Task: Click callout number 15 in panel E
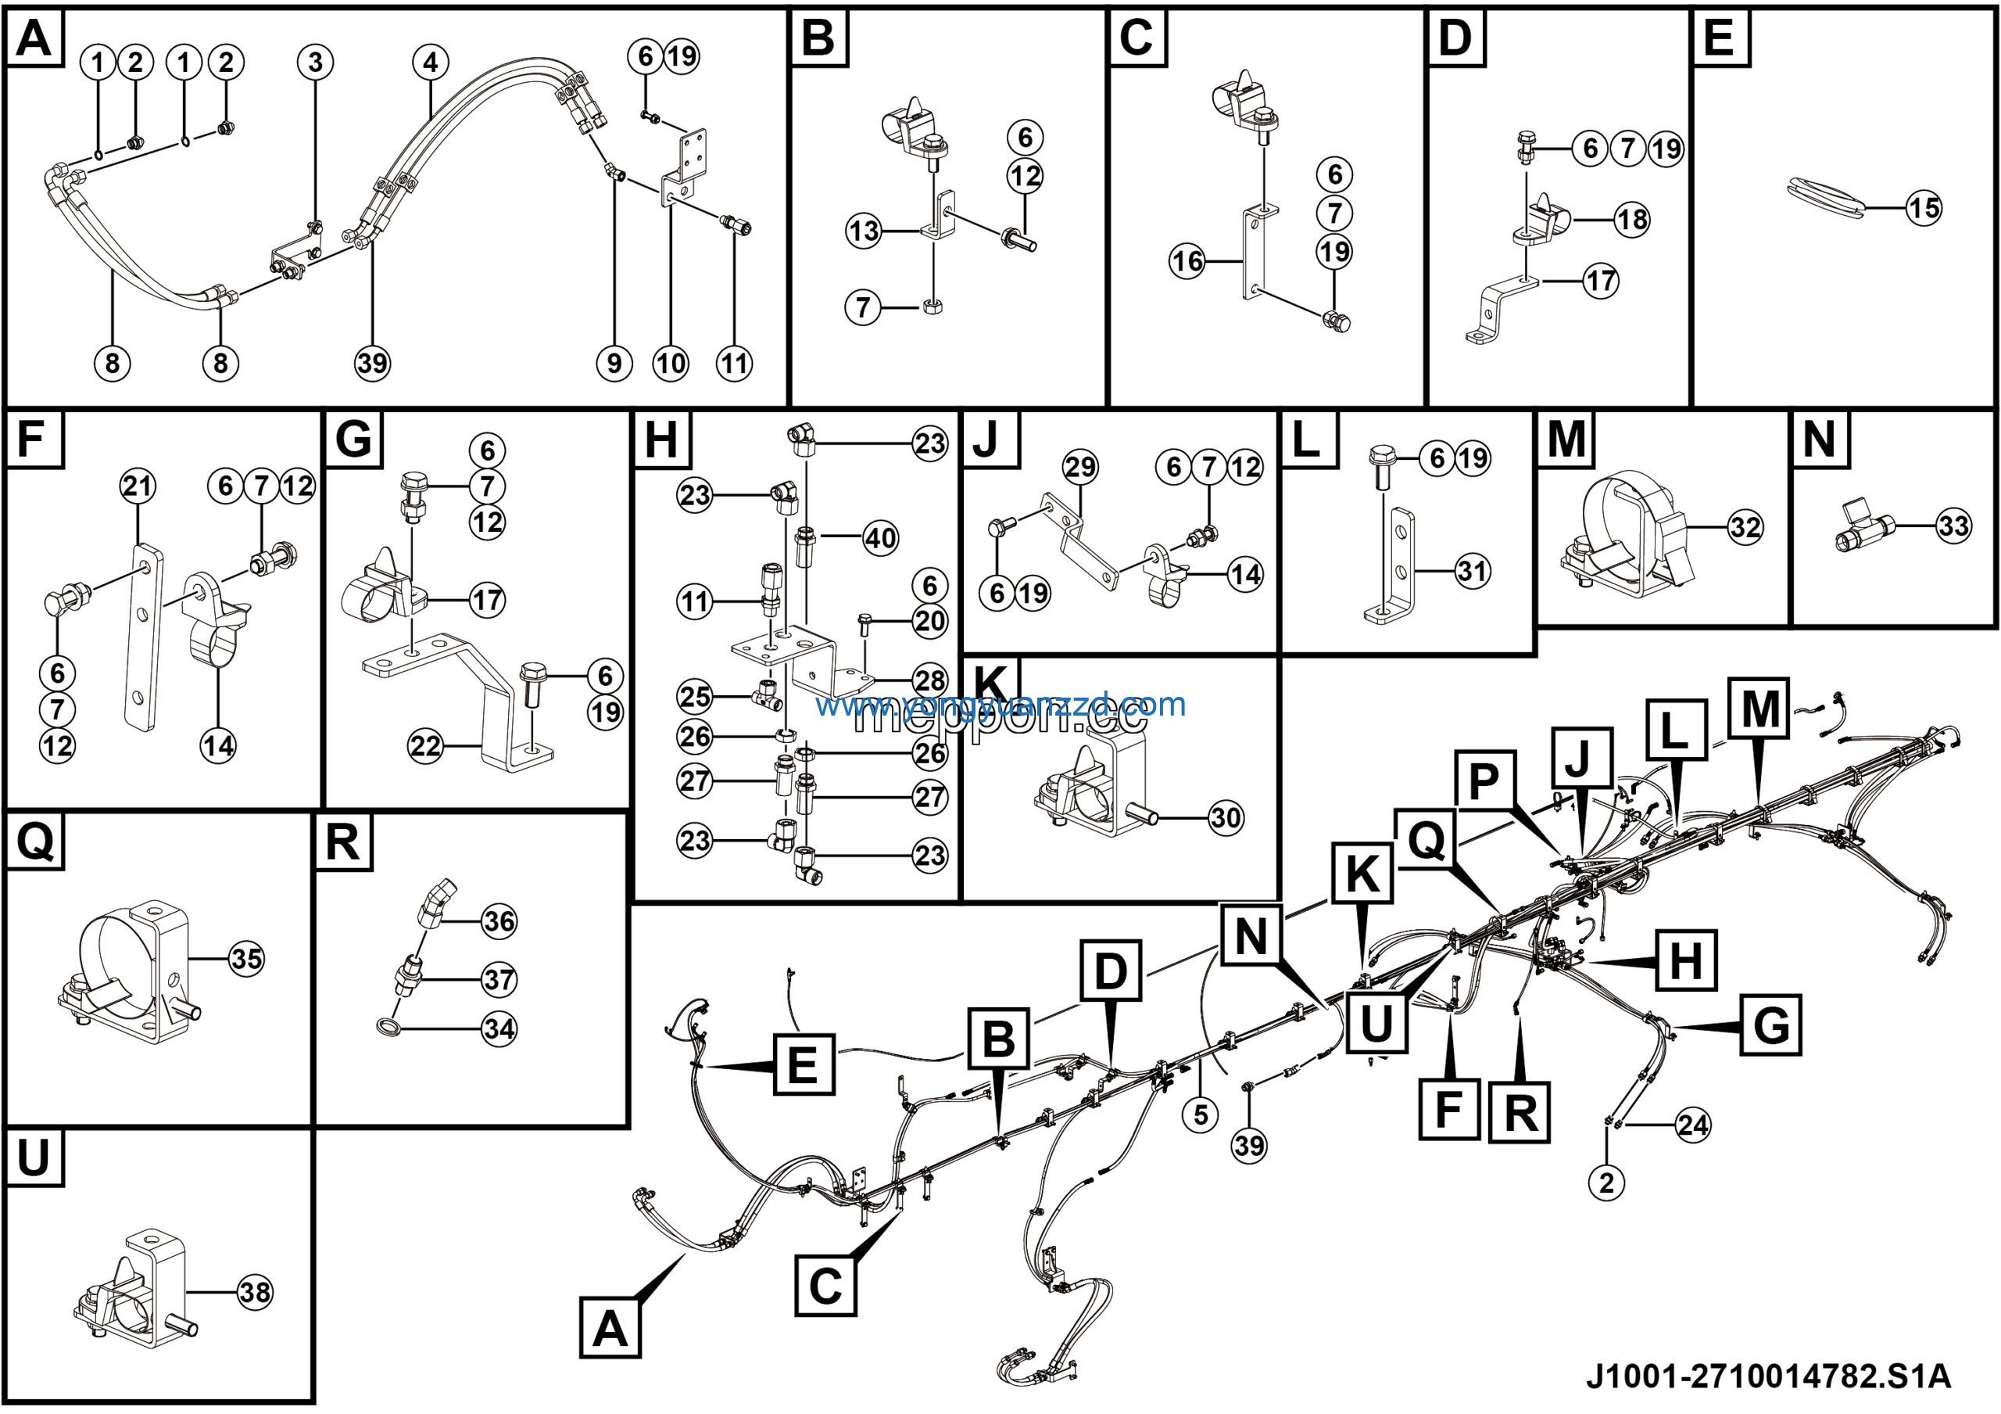point(1924,208)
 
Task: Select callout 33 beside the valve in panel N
point(1953,526)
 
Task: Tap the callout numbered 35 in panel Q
point(247,959)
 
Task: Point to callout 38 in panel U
point(256,1292)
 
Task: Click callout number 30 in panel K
point(1226,818)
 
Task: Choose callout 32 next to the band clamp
point(1745,527)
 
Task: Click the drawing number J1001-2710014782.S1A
point(1768,1376)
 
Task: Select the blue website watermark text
point(1000,705)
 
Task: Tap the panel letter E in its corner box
point(1719,38)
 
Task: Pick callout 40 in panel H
point(880,538)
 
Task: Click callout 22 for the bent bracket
point(425,746)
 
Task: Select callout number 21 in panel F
point(138,486)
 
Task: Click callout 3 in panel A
point(315,62)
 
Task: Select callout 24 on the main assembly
point(1692,1125)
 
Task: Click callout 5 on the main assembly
point(1200,1114)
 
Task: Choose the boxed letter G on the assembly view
point(1771,1025)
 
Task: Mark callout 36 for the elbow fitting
point(499,921)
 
